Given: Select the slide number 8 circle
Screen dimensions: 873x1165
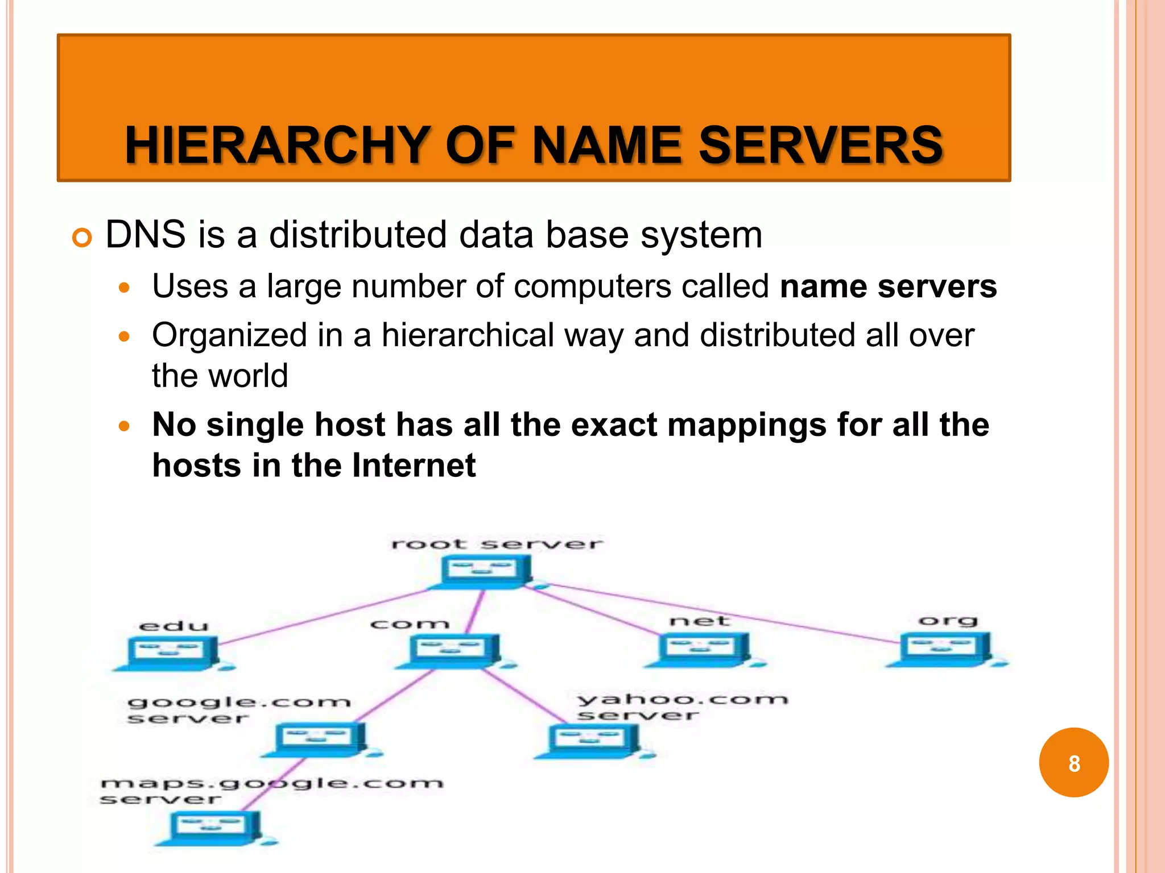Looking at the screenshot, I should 1073,763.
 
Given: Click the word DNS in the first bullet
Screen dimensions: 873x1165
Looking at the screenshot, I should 146,234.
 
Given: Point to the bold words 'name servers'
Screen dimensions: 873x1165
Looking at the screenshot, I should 888,286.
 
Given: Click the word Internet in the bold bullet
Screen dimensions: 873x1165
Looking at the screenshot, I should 414,465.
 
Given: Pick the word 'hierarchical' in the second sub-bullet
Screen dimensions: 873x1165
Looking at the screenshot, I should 468,335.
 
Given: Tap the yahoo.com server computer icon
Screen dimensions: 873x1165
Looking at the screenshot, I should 592,741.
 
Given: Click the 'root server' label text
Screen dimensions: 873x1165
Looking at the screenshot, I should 497,544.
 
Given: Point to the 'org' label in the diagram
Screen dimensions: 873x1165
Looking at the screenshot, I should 948,620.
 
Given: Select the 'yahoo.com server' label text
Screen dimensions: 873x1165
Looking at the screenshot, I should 681,706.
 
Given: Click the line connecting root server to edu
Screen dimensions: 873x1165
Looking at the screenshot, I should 324,617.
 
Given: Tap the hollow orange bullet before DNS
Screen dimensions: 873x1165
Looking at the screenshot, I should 82,238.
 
